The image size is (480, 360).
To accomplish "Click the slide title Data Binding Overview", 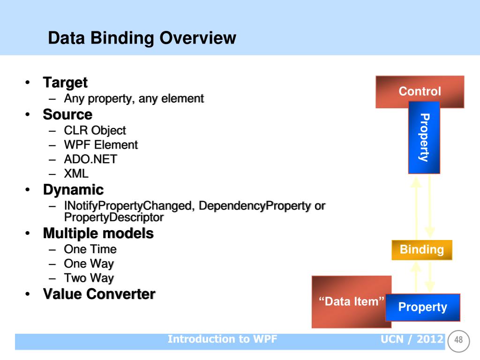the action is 142,38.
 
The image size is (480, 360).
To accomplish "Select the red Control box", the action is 420,91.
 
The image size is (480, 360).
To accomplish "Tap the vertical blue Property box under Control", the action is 424,137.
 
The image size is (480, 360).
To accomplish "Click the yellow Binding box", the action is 422,250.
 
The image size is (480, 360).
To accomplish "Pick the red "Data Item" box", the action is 352,301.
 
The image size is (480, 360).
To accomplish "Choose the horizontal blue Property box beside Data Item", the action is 423,307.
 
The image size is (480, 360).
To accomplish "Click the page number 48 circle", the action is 458,341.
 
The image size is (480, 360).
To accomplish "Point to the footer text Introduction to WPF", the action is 222,339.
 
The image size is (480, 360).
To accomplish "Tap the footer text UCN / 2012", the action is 412,339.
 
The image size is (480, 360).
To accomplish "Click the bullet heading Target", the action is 65,82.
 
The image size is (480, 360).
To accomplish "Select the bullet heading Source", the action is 67,114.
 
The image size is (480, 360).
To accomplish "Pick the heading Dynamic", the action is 74,190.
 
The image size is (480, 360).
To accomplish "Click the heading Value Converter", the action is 99,294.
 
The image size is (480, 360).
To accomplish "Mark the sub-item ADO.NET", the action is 90,159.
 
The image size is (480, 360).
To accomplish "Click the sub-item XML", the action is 76,173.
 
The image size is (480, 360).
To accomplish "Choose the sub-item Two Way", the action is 89,278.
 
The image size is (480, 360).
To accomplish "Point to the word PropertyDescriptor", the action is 114,217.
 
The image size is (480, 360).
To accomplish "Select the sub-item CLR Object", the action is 95,131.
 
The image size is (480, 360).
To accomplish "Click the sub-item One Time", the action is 90,249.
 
